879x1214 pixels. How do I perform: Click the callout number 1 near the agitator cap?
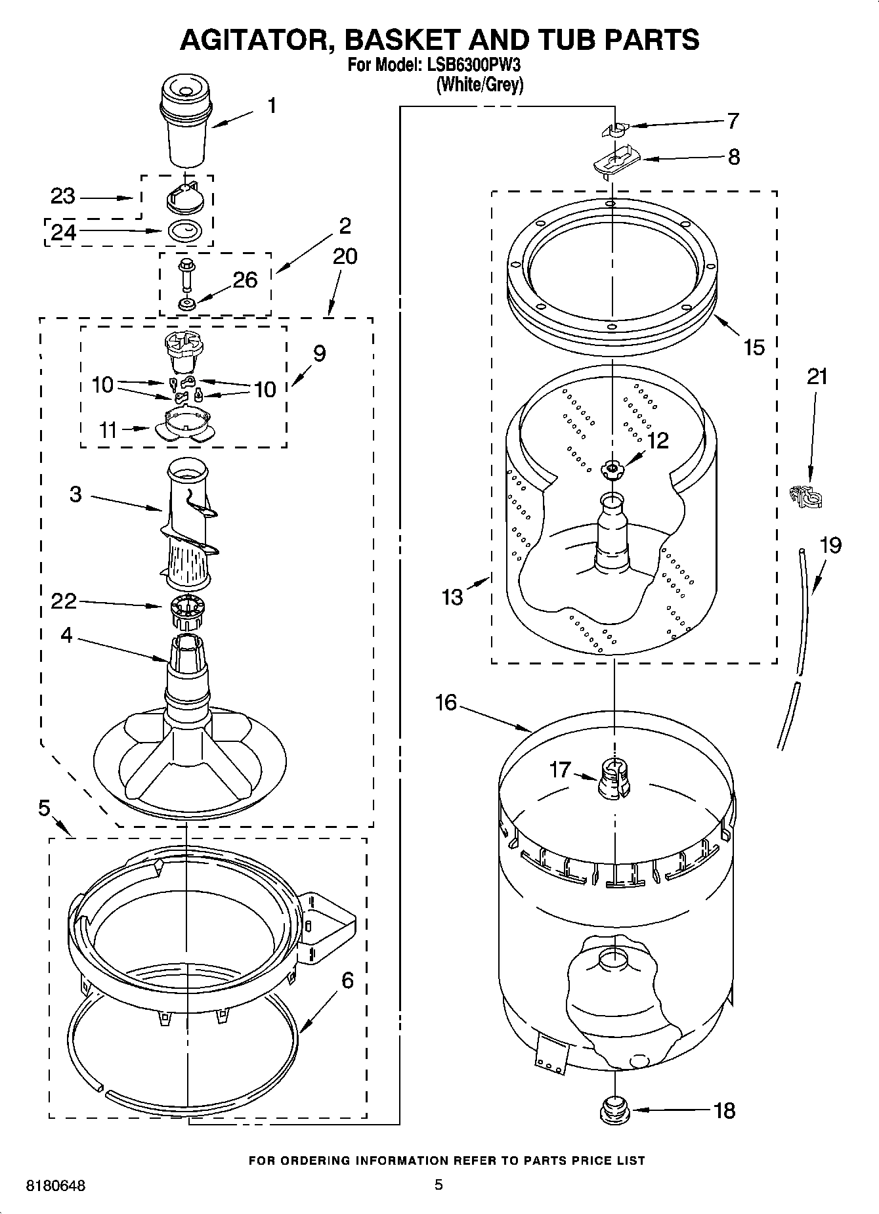[x=270, y=105]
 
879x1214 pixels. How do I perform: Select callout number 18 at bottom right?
[x=724, y=1110]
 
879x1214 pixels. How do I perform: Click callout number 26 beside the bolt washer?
[x=246, y=280]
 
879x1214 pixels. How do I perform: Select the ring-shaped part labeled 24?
[x=186, y=231]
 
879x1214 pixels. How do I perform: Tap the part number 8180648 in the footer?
[x=56, y=1186]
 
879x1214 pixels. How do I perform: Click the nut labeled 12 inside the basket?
[x=612, y=467]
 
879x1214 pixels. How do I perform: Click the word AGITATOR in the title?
[x=256, y=39]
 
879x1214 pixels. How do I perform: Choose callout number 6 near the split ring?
[x=347, y=980]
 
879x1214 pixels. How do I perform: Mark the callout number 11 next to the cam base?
[x=108, y=430]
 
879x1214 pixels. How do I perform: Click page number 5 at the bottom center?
[x=439, y=1184]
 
